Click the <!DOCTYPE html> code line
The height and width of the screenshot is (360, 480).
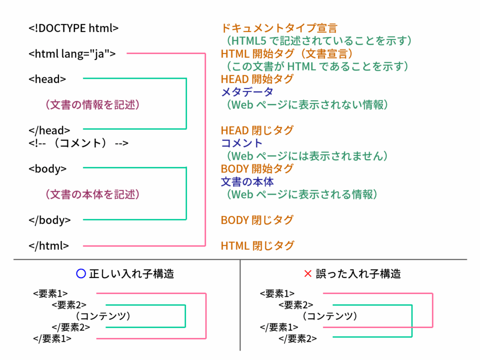(x=74, y=28)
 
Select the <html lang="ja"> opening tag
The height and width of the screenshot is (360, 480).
(x=72, y=54)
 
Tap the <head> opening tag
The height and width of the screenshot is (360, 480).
(x=47, y=79)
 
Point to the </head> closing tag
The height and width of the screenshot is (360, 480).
(x=49, y=131)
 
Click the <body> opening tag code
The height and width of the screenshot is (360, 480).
(x=47, y=169)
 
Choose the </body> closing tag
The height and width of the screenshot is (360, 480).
(x=50, y=220)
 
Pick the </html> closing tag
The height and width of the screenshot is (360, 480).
(x=49, y=245)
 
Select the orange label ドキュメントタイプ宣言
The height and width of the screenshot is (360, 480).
(x=279, y=29)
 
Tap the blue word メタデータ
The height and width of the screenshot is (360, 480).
(x=247, y=92)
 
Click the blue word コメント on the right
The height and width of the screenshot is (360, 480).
(x=242, y=143)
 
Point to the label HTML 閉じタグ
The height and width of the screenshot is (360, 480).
(x=257, y=245)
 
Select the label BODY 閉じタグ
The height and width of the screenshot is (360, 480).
(x=257, y=220)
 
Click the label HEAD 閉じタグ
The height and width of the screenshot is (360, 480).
(x=257, y=130)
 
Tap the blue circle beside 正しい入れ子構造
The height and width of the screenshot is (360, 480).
(x=81, y=273)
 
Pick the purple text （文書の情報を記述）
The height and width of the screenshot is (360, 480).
(x=93, y=105)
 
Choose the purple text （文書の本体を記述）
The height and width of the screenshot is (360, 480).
(x=93, y=194)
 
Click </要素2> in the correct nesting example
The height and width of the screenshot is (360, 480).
(x=71, y=327)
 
